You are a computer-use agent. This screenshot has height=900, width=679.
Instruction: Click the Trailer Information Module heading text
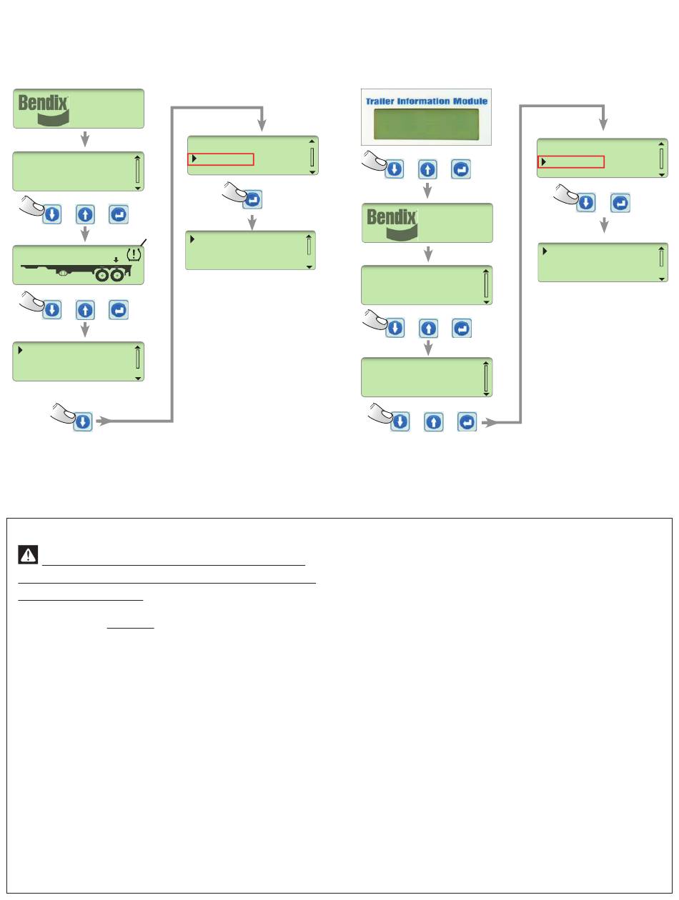(427, 101)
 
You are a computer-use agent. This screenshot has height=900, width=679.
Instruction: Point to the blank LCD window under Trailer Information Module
(427, 123)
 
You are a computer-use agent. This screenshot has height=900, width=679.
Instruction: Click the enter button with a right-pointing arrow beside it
(467, 422)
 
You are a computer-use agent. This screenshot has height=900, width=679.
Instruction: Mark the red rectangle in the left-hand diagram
(220, 159)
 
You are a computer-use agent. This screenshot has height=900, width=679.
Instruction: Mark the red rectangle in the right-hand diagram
(570, 161)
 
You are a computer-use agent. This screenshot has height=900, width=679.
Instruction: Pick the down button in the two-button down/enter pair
(585, 203)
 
